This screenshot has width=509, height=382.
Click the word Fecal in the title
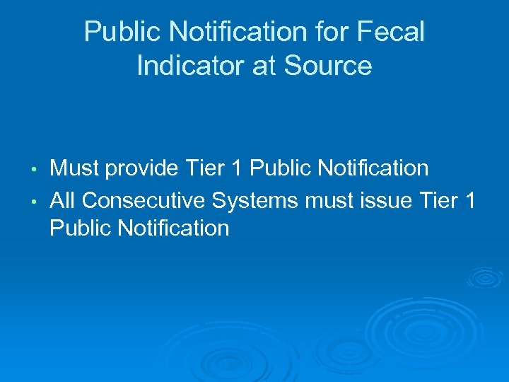pos(392,33)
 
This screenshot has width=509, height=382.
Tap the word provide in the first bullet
pos(141,168)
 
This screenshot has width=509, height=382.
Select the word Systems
pos(256,200)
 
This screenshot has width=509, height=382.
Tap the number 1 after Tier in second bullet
pos(471,200)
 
